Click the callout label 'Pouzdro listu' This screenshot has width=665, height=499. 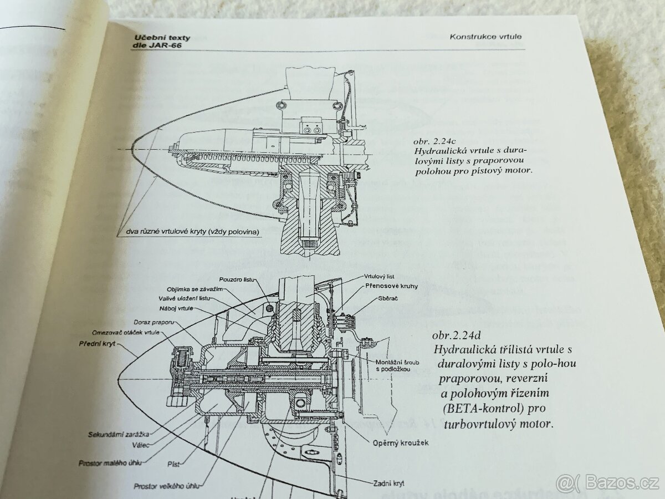pos(233,280)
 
